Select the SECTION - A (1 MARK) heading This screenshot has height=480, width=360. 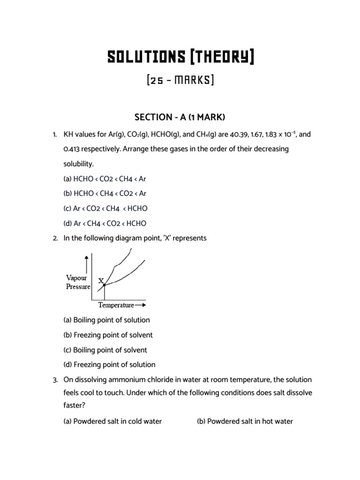click(180, 117)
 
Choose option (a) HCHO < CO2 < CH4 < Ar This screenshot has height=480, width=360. click(105, 179)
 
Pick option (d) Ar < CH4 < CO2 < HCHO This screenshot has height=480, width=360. click(105, 223)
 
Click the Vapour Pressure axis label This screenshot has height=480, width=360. click(77, 282)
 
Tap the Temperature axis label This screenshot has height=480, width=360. click(116, 305)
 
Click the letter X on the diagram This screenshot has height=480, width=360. click(101, 281)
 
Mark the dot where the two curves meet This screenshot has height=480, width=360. click(104, 285)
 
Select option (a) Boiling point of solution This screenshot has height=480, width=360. click(106, 320)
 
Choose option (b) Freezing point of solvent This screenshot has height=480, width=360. click(108, 335)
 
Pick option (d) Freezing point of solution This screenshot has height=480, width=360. click(109, 365)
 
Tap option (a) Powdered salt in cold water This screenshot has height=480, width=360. click(112, 421)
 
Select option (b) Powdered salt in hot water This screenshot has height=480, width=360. click(245, 421)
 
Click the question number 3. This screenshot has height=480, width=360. click(55, 379)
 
